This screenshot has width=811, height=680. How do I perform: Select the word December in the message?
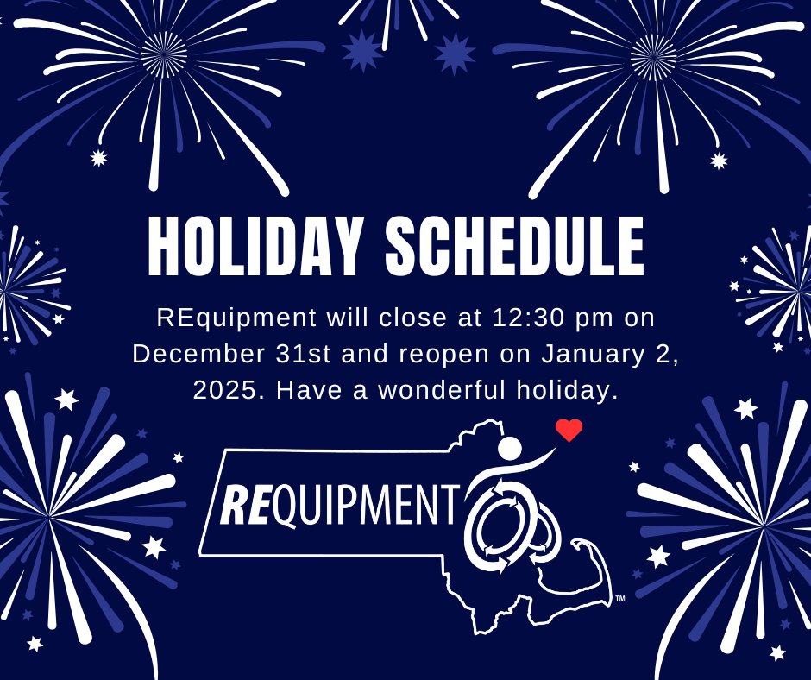tap(190, 354)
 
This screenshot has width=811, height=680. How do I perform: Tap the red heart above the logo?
tap(569, 430)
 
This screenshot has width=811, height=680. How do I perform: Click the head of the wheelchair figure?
tap(511, 449)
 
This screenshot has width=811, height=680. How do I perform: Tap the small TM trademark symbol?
tap(619, 599)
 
